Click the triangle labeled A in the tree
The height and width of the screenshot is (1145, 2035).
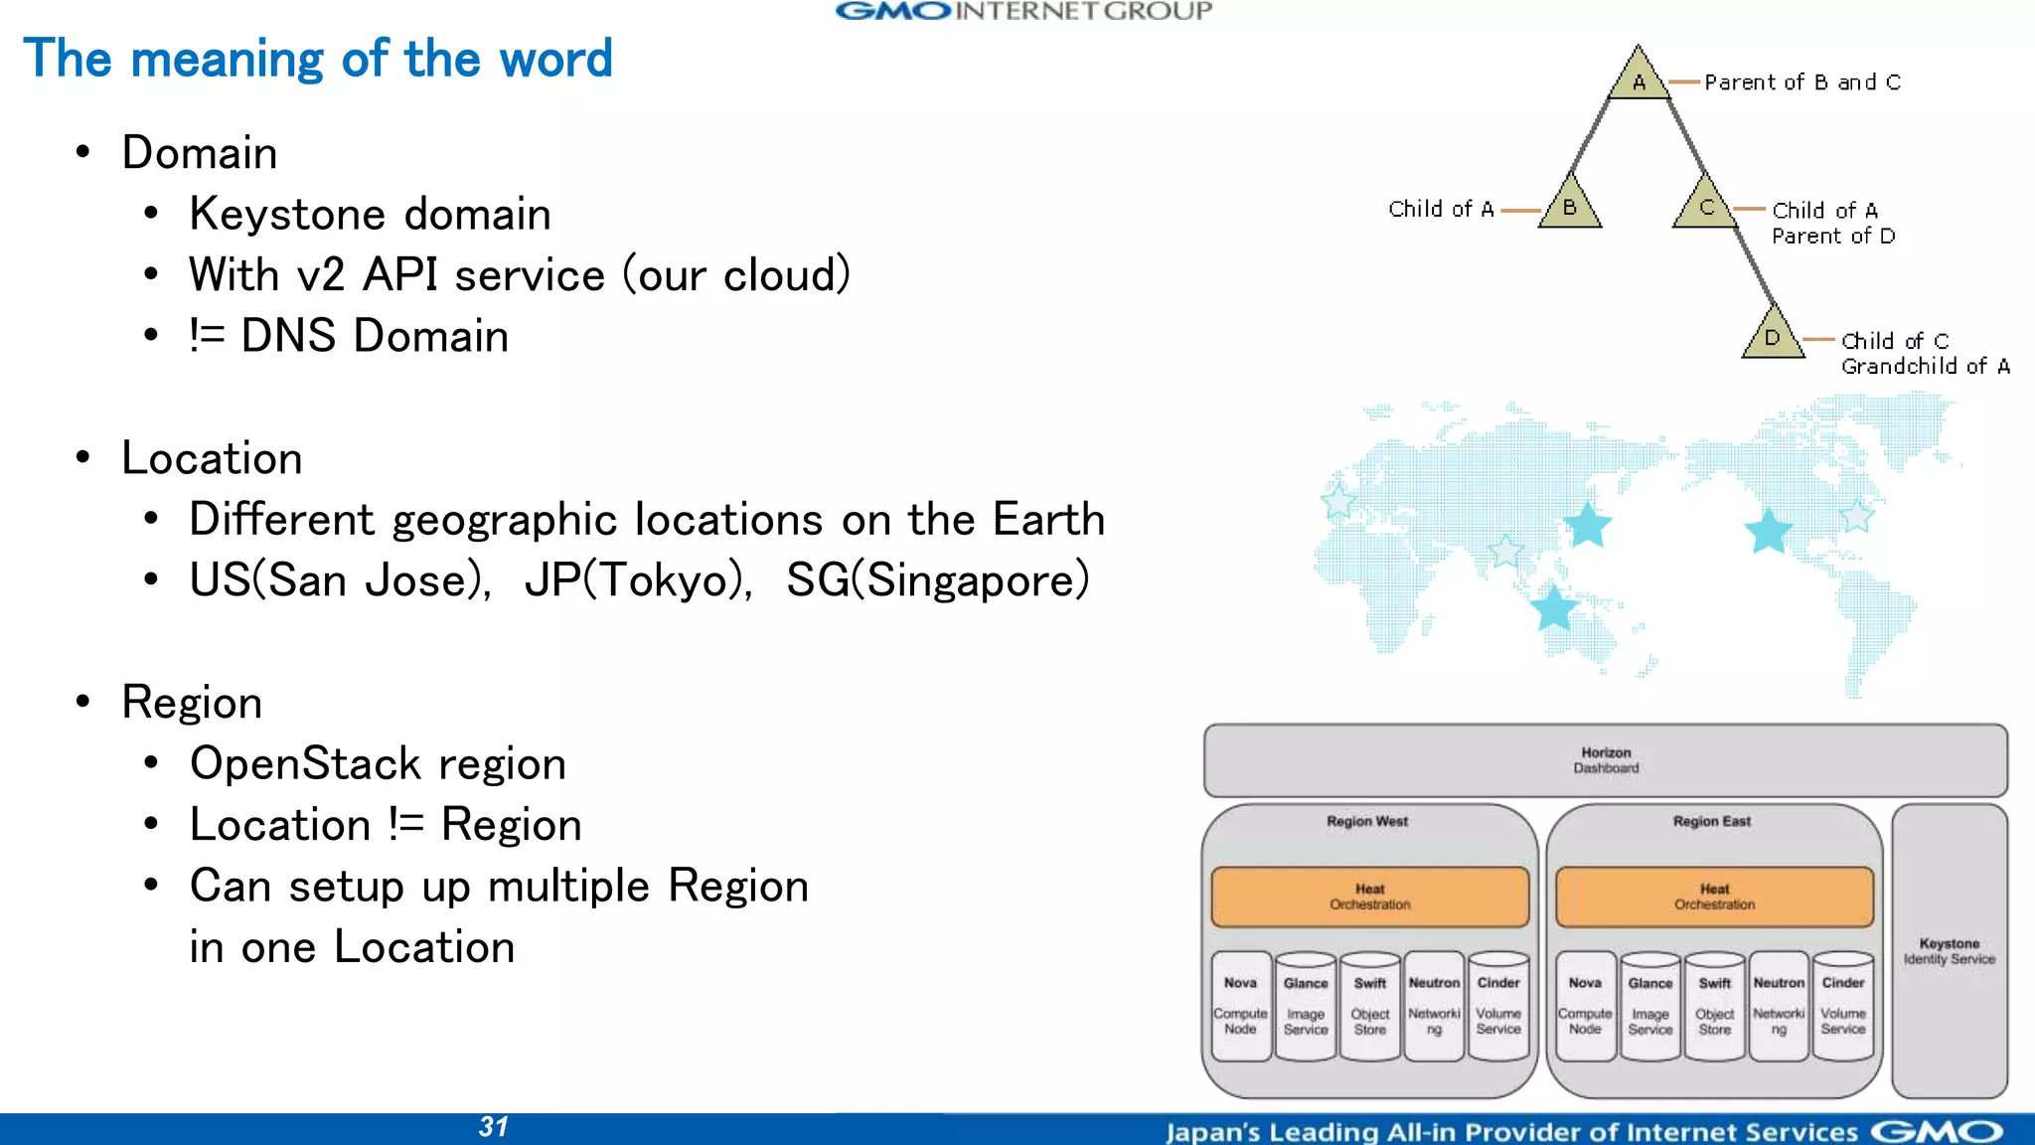pos(1639,78)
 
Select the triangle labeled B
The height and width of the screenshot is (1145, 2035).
pos(1570,205)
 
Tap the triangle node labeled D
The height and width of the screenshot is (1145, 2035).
pos(1773,336)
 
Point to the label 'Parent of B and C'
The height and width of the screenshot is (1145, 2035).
pos(1802,82)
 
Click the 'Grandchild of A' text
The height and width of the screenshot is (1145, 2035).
pos(1925,367)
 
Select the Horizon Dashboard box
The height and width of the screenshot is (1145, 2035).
pos(1606,760)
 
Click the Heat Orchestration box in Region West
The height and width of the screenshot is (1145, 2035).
pos(1369,897)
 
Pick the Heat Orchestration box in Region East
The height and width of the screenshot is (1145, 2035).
pos(1714,897)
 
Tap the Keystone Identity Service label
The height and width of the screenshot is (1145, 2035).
pos(1949,951)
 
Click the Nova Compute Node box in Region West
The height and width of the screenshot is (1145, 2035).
pos(1240,1006)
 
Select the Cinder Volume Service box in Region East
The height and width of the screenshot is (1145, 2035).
pos(1843,1006)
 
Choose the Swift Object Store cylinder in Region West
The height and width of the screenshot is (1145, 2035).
pos(1369,1006)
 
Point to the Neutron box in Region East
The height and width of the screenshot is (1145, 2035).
pos(1779,1006)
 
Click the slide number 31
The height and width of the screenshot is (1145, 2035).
pos(494,1127)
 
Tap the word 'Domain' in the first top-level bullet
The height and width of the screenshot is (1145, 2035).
pos(200,153)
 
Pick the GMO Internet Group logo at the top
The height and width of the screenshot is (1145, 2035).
pos(1023,12)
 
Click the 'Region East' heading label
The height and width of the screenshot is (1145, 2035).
pos(1711,822)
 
